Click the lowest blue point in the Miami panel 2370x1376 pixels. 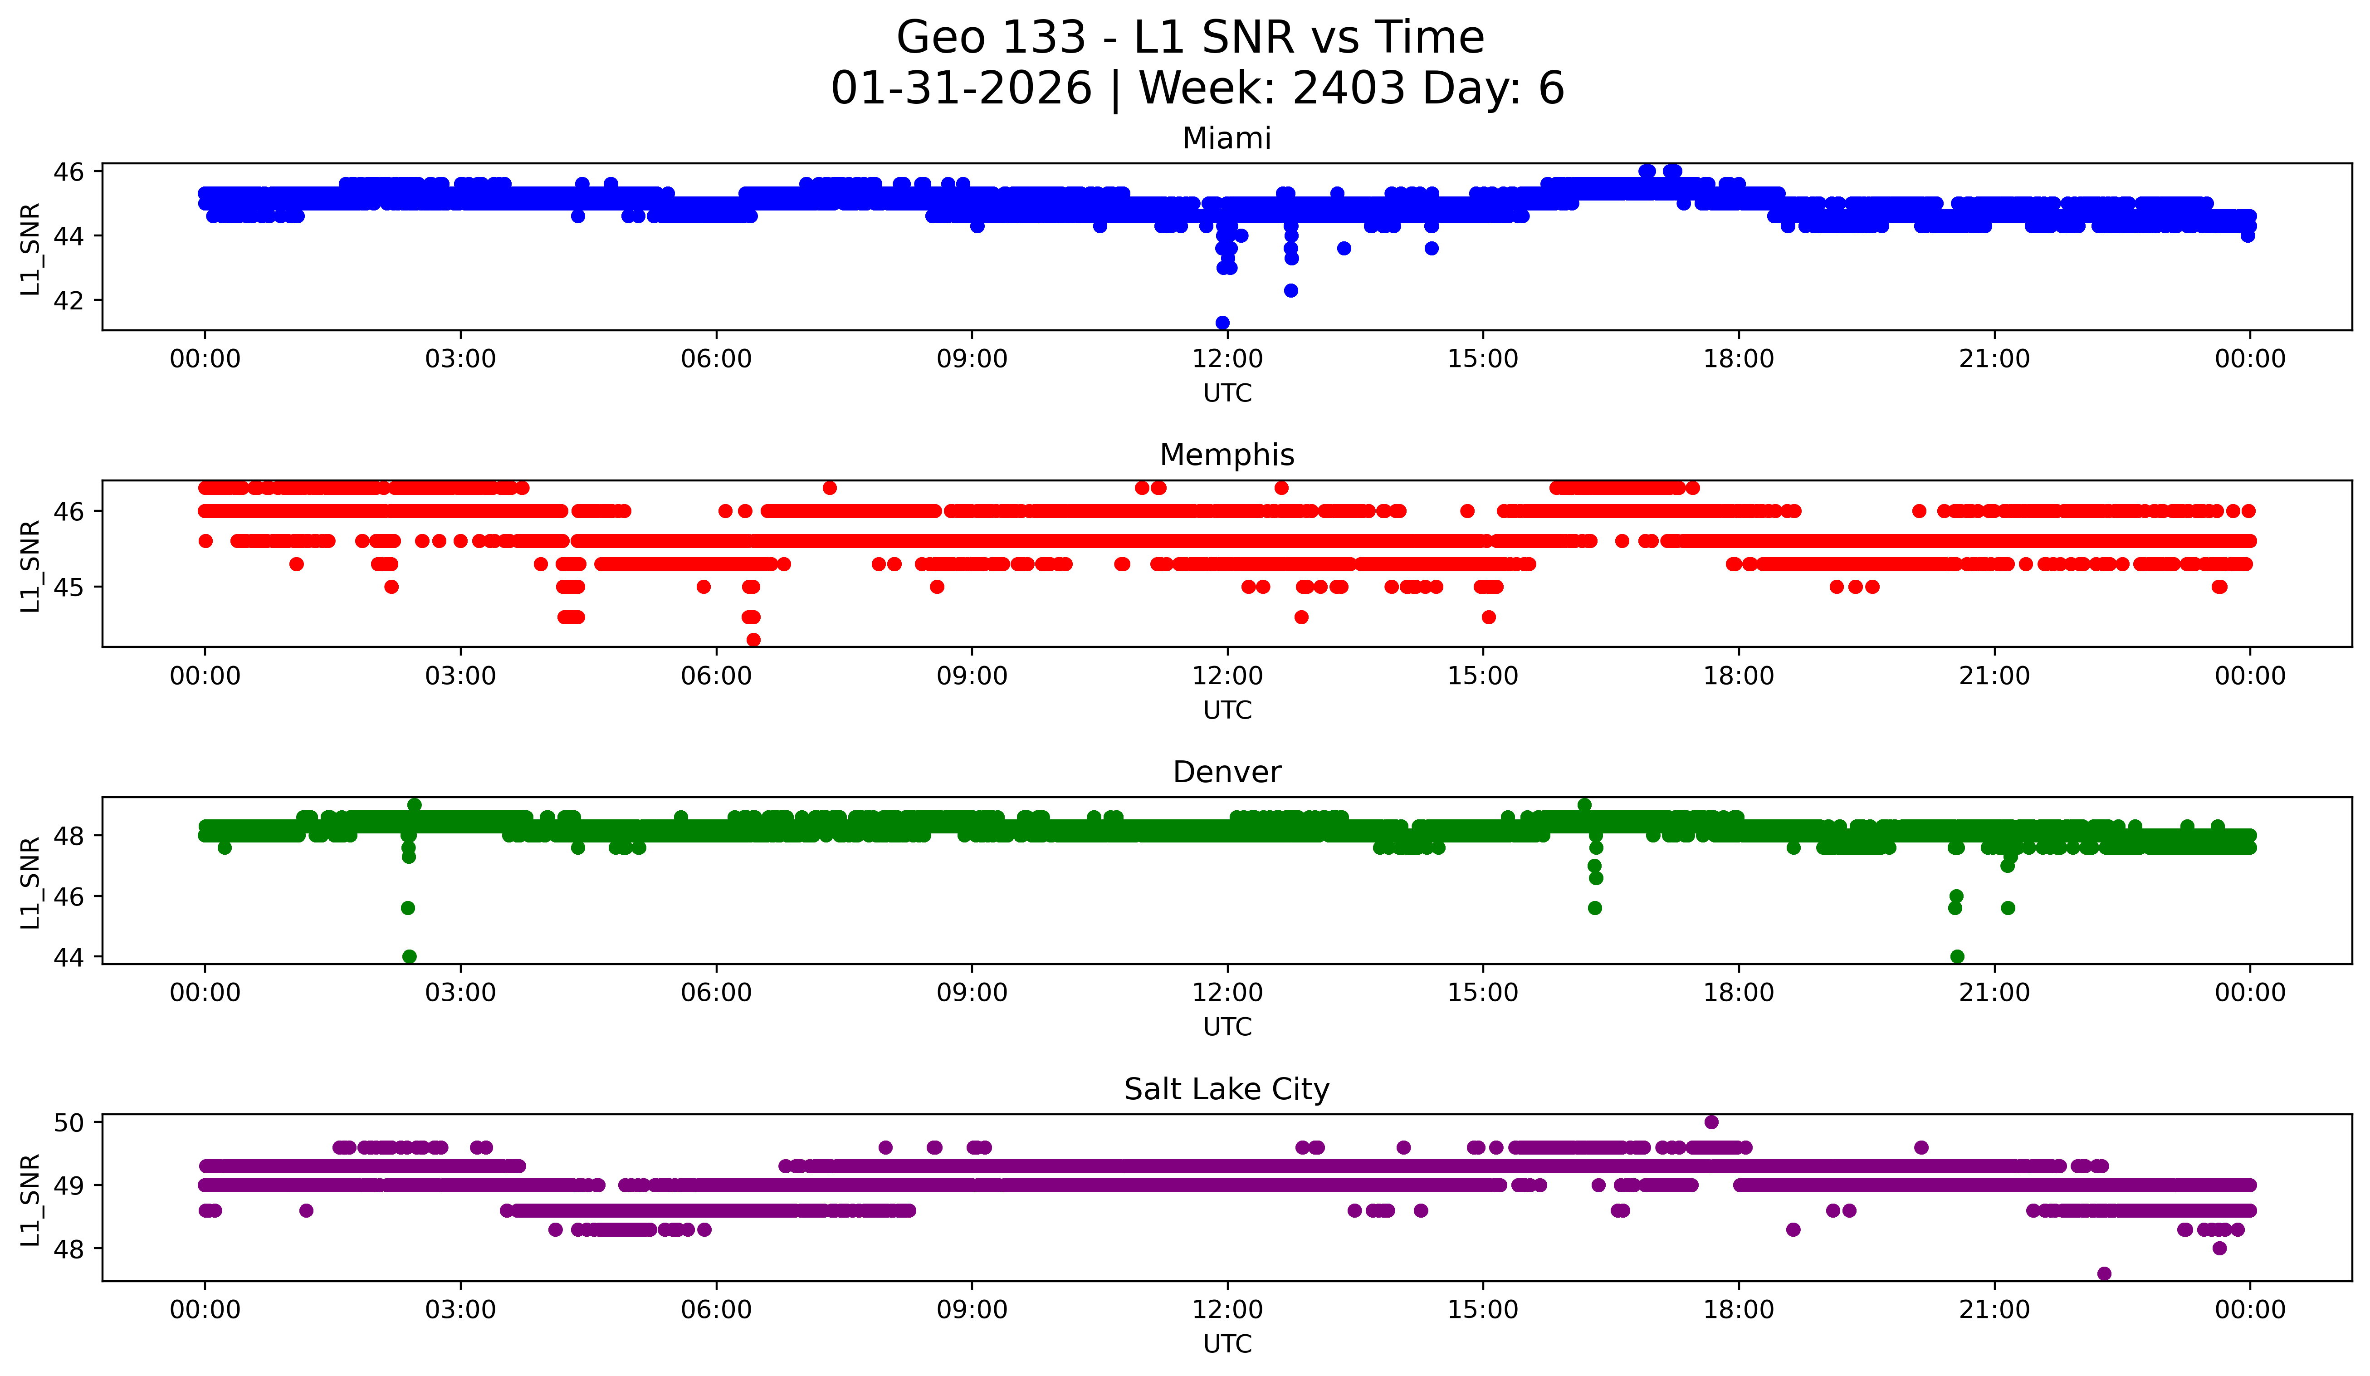(x=1222, y=323)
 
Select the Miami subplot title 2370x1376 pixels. (x=1227, y=138)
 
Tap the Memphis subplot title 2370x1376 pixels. (x=1227, y=455)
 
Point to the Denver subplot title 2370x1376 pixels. (x=1227, y=772)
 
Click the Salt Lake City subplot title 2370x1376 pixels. (x=1227, y=1089)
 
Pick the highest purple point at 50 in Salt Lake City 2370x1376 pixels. (x=1711, y=1122)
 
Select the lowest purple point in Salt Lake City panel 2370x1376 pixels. (x=2104, y=1273)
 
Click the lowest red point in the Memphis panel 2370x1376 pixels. (x=753, y=640)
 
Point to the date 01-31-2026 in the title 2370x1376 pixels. (x=961, y=88)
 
